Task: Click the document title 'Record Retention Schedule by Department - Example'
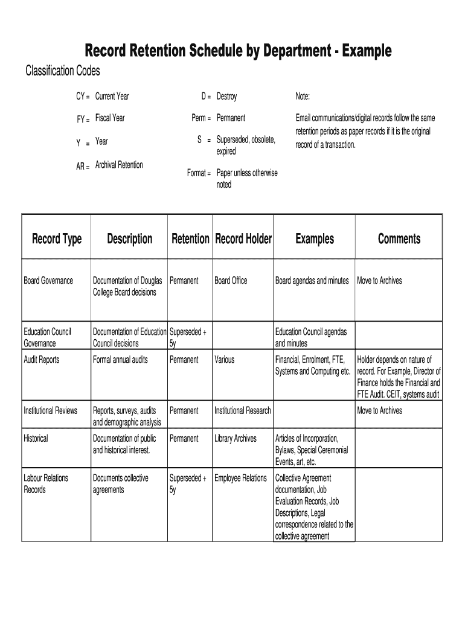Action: pos(238,50)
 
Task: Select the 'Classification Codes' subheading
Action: pos(62,71)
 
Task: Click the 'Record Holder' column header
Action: pos(243,239)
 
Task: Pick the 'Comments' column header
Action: pos(399,239)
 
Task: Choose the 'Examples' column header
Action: pos(314,239)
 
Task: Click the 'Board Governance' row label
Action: pos(48,281)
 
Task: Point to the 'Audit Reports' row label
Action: pos(42,360)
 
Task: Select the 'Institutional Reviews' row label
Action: pos(50,411)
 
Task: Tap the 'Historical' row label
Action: pos(36,439)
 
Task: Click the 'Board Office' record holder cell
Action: pos(231,281)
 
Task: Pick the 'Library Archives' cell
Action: pos(236,439)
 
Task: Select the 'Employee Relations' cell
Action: pos(240,478)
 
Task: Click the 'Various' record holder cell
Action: pos(225,360)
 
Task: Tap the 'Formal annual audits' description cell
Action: pos(120,360)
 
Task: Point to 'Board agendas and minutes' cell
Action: pos(312,281)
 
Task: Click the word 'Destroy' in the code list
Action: pos(226,97)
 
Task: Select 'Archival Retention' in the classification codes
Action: pos(119,165)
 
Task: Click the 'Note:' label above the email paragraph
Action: pos(303,97)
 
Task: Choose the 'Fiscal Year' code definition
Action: pos(110,118)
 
